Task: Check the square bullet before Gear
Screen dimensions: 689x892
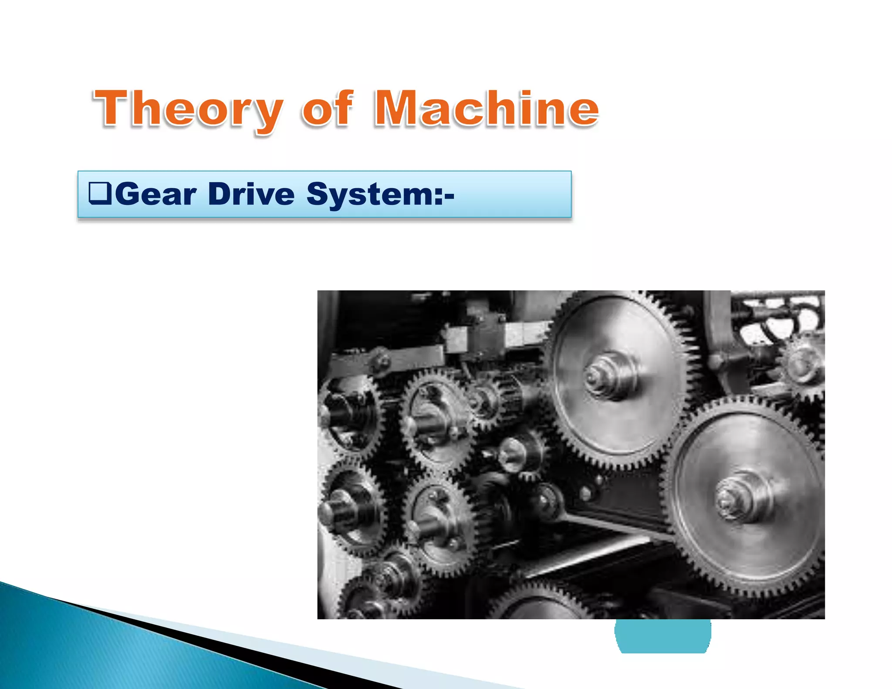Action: pyautogui.click(x=100, y=193)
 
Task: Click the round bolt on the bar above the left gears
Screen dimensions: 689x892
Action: pyautogui.click(x=382, y=360)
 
